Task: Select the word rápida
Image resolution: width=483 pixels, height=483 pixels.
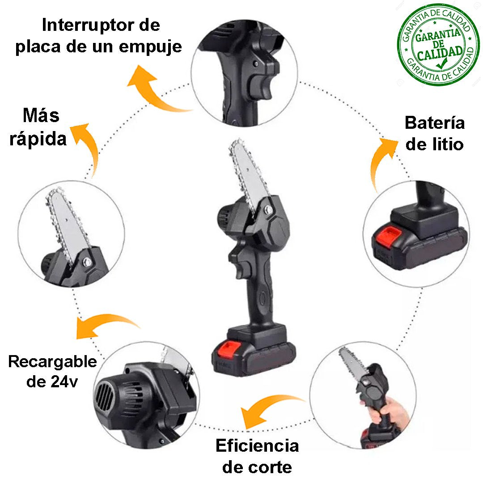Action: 38,139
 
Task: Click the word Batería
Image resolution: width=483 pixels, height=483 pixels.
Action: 435,123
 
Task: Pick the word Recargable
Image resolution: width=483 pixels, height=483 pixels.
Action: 52,362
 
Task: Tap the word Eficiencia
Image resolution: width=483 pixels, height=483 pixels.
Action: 257,445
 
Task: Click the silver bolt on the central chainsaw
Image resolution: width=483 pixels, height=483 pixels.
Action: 268,210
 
